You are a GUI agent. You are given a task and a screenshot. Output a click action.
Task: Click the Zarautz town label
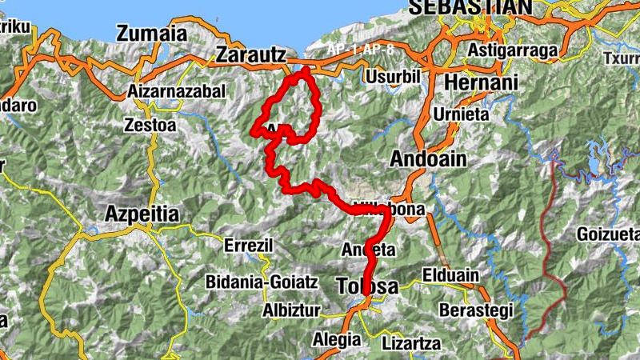[x=250, y=55]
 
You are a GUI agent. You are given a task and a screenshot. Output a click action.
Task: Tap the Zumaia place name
[x=151, y=34]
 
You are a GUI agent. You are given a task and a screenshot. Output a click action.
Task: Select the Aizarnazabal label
[x=177, y=92]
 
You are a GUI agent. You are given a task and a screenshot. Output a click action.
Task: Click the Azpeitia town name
[x=142, y=214]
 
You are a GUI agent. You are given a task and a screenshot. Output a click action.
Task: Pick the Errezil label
[x=249, y=246]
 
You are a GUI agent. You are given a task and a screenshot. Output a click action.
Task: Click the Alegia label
[x=336, y=338]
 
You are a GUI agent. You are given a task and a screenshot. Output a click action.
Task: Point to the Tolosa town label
[x=367, y=286]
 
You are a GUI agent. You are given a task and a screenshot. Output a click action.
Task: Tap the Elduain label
[x=450, y=275]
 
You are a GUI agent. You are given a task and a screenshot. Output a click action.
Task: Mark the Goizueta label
[x=607, y=235]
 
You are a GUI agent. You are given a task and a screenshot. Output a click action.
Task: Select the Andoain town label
[x=427, y=159]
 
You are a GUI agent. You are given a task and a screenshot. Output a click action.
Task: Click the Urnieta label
[x=460, y=114]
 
